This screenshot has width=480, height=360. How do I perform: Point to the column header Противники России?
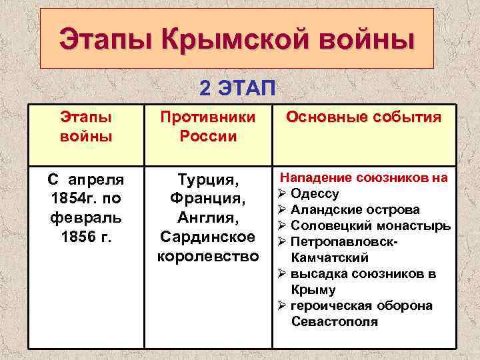(x=208, y=127)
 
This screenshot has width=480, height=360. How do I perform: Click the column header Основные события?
(x=363, y=118)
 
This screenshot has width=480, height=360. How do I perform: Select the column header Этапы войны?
(x=85, y=127)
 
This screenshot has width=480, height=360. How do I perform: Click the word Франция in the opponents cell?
(x=207, y=199)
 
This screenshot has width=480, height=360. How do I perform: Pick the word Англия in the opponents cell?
(x=207, y=218)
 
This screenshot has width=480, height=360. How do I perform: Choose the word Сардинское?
(x=207, y=237)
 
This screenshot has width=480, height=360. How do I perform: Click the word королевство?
(x=207, y=257)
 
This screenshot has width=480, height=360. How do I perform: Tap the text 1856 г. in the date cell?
(x=85, y=237)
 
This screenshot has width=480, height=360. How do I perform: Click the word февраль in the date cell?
(x=85, y=218)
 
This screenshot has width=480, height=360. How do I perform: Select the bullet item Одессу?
(x=315, y=194)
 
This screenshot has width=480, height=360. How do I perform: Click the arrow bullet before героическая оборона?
(x=282, y=306)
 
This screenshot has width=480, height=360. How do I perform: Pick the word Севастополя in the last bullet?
(x=334, y=322)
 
